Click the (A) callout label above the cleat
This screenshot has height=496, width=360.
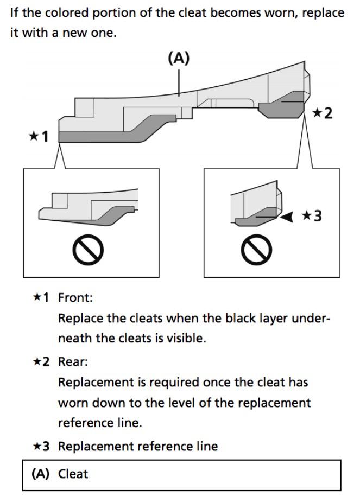pyautogui.click(x=180, y=59)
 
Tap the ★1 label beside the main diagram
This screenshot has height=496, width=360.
pyautogui.click(x=39, y=136)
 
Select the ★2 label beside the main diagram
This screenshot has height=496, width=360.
pyautogui.click(x=321, y=113)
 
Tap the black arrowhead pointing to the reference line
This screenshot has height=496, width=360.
pyautogui.click(x=287, y=217)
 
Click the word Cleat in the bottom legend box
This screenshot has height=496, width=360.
pyautogui.click(x=73, y=474)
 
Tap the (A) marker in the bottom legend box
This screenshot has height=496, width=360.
pyautogui.click(x=41, y=474)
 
